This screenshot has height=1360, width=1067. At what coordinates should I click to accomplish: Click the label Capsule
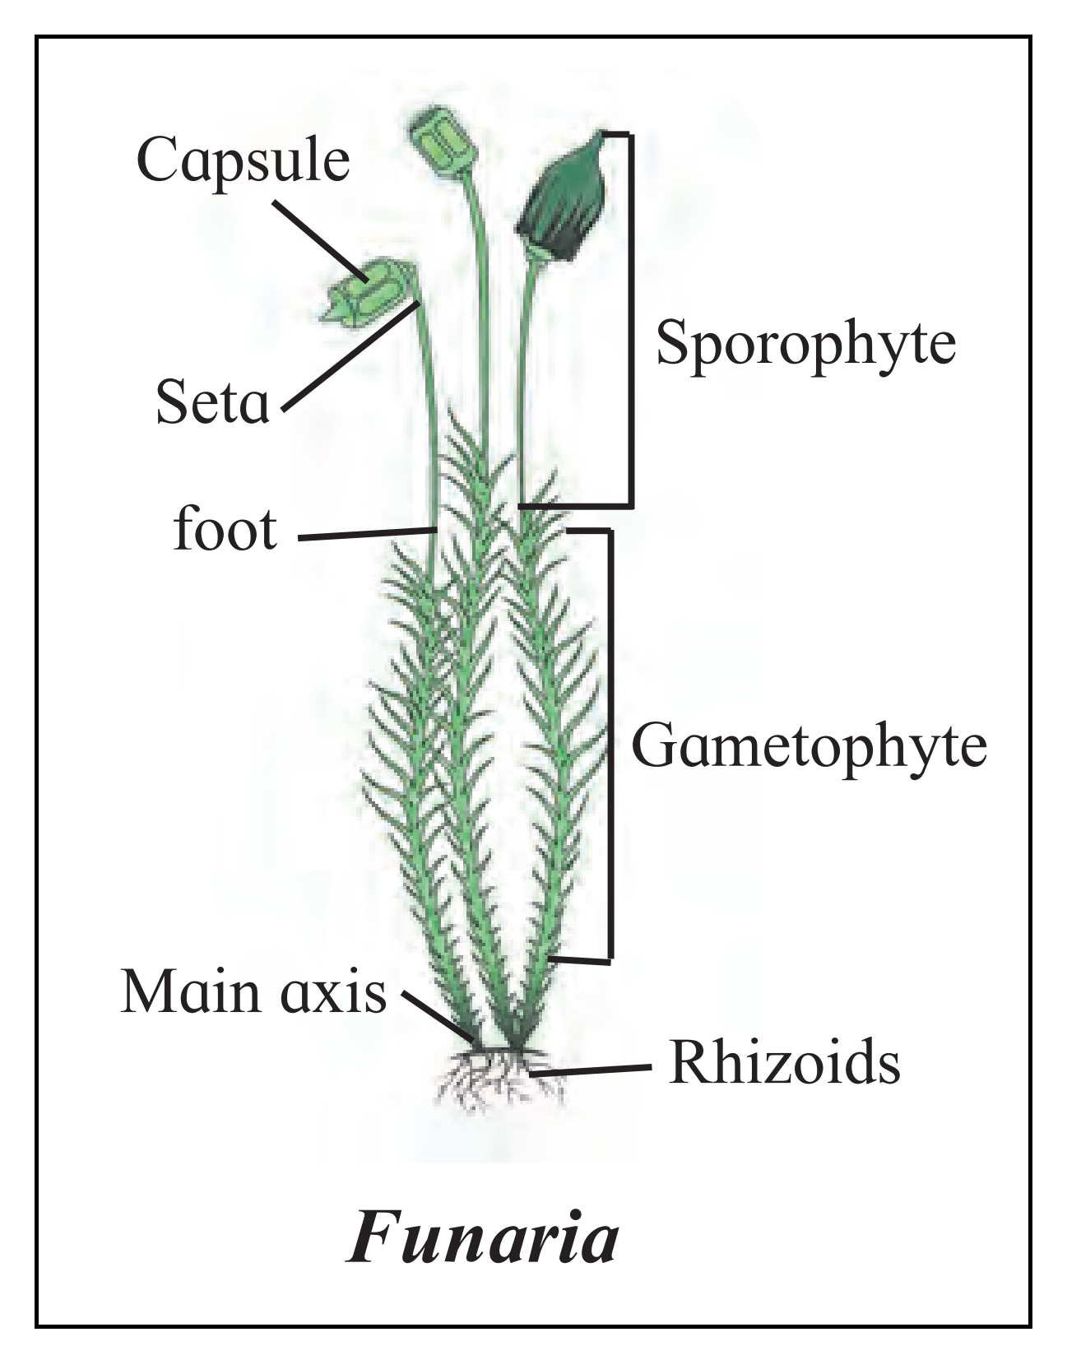(243, 161)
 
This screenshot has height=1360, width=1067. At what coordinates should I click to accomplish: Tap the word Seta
(213, 402)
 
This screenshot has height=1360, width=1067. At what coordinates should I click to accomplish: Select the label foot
(225, 528)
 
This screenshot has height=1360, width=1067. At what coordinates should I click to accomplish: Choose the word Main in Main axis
(189, 992)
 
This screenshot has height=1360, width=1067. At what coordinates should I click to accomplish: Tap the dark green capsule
(561, 197)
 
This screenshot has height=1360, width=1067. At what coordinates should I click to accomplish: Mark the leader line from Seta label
(351, 356)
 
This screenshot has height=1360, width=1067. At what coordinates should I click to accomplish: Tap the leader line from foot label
(368, 534)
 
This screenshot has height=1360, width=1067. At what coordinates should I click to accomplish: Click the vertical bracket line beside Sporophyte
(631, 319)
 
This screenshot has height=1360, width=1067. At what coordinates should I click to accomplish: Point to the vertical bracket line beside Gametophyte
(610, 745)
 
